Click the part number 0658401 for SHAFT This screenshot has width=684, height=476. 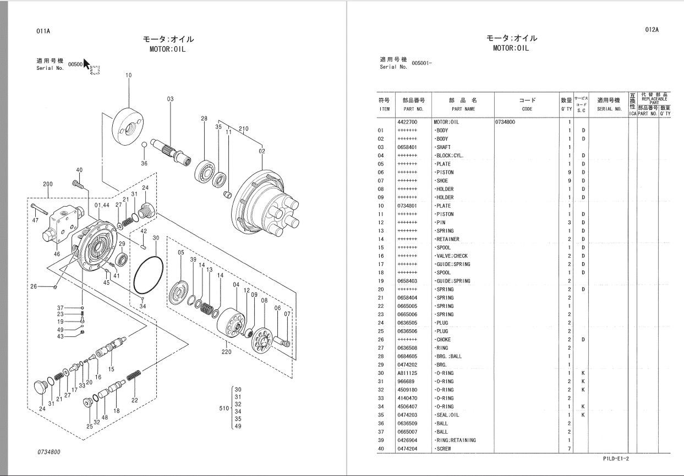coord(407,147)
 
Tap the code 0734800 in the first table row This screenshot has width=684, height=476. coord(505,122)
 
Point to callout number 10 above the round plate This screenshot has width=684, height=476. coord(129,75)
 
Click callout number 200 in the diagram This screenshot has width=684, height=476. coord(48,184)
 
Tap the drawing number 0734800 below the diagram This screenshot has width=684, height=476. coord(49,452)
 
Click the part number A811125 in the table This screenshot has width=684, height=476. coord(407,373)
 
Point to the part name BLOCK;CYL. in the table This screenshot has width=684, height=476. coord(449,156)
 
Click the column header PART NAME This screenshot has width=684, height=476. coord(462,109)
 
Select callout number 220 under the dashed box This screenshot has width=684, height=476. coord(226,352)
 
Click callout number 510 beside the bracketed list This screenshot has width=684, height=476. coord(223,408)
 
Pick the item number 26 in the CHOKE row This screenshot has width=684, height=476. coord(380,340)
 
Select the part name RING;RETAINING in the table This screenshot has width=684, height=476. coord(455,440)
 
